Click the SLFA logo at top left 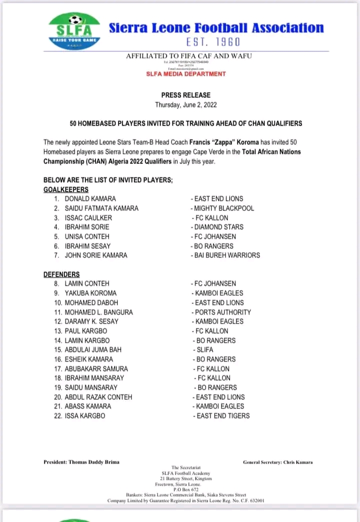click(x=74, y=29)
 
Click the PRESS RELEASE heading click(x=185, y=95)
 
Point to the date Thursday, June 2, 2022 click(x=185, y=105)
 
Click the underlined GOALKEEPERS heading click(x=66, y=189)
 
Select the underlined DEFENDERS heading click(x=61, y=274)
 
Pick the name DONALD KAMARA click(x=90, y=199)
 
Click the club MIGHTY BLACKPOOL click(x=223, y=208)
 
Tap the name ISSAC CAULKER click(x=88, y=218)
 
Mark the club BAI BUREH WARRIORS click(x=227, y=255)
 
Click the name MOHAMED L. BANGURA click(x=98, y=312)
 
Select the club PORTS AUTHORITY click(x=222, y=312)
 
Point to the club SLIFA click(x=204, y=350)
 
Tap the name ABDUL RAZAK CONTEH click(x=98, y=397)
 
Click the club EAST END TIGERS click(x=222, y=416)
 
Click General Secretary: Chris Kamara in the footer click(x=277, y=462)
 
